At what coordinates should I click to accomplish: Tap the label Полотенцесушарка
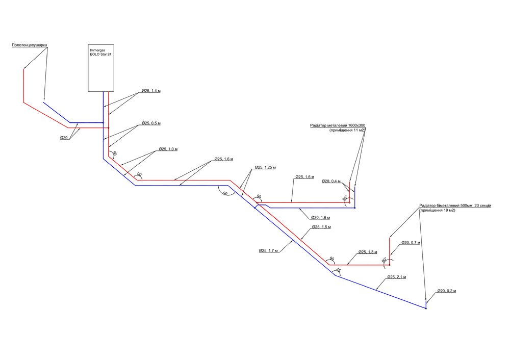30,45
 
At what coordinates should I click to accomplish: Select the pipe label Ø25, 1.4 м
151,91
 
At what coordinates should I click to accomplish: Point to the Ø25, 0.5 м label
151,123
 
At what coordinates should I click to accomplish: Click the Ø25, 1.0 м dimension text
168,149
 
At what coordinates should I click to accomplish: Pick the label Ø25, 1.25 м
266,167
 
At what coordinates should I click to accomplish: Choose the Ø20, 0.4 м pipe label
332,181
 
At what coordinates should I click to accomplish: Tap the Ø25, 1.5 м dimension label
321,227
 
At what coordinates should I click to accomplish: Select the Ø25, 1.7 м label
268,250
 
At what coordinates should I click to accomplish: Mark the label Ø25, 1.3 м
368,252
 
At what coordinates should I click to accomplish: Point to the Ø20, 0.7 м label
411,242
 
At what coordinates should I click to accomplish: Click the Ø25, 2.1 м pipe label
397,277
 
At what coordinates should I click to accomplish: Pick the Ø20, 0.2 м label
446,291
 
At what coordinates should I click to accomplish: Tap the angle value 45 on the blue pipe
338,270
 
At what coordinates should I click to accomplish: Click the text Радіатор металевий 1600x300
338,125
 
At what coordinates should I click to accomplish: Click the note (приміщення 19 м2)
437,210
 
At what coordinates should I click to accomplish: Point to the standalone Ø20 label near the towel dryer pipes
64,138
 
